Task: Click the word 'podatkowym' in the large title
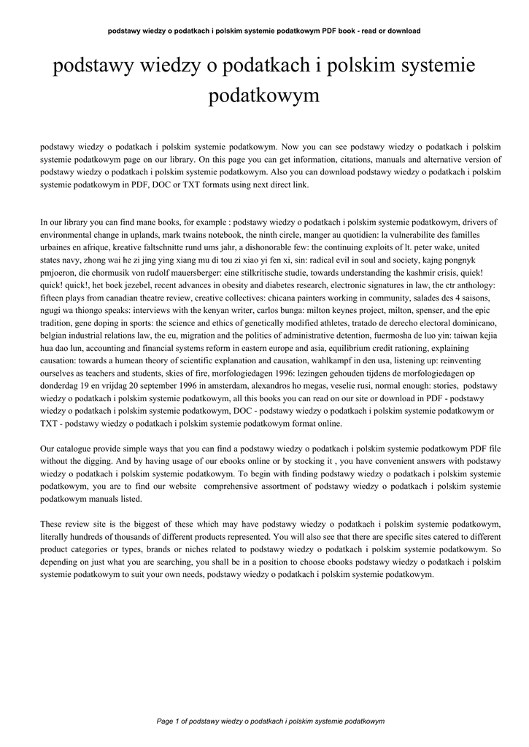pyautogui.click(x=264, y=96)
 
